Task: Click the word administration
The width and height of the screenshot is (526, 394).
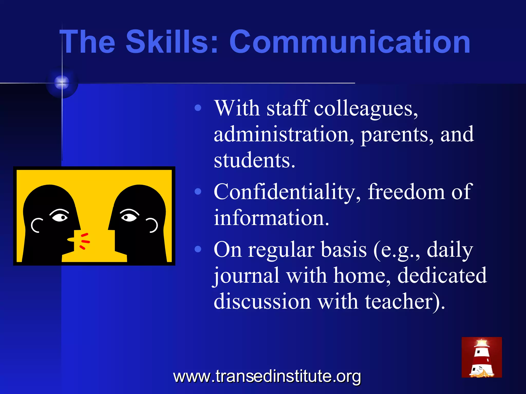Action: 284,134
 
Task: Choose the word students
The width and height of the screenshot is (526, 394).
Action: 254,160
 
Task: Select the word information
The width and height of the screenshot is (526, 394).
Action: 271,218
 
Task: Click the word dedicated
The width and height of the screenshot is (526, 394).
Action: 442,275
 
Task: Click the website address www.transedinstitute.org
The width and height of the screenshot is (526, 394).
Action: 267,377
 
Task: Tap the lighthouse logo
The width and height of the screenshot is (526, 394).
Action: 482,357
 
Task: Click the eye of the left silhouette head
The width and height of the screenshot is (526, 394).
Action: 60,217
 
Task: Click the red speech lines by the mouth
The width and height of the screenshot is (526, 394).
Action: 84,241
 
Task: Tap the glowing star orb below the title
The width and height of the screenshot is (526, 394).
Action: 62,83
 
